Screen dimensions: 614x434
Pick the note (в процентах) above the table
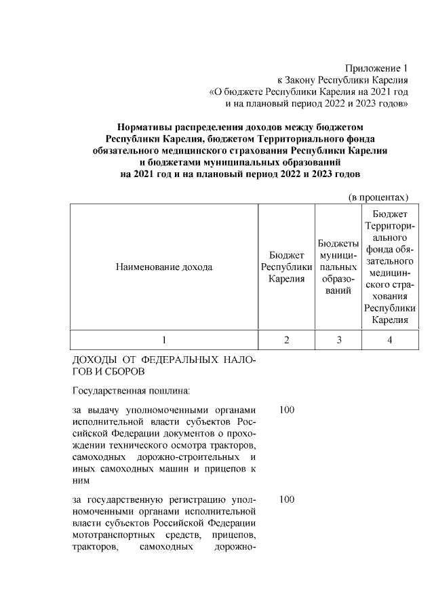[378, 197]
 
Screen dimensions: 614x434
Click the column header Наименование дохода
[163, 267]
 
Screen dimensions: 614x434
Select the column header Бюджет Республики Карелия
[286, 267]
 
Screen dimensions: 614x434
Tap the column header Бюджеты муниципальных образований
[338, 267]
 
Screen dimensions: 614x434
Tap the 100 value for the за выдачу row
[286, 410]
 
